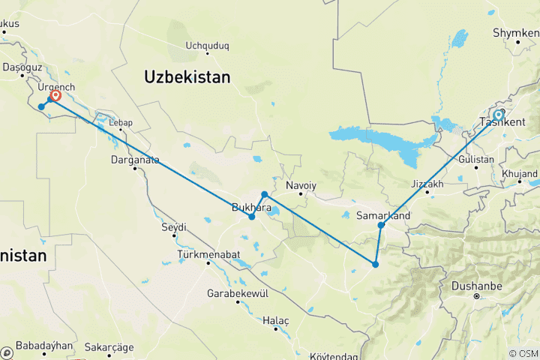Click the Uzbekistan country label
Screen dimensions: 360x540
tap(187, 76)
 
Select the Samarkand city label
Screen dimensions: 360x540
tap(382, 216)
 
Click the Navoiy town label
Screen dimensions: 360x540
tap(301, 185)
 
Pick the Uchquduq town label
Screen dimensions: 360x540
tap(207, 46)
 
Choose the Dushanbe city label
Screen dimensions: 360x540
tap(475, 286)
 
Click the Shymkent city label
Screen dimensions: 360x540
tap(516, 34)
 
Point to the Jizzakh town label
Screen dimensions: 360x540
tap(428, 184)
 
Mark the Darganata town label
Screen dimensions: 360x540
tap(135, 159)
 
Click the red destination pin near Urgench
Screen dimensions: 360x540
tap(55, 96)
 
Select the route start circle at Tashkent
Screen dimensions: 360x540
tap(498, 115)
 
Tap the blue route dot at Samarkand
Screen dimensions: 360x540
tap(381, 225)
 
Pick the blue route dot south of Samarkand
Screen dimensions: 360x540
tap(375, 264)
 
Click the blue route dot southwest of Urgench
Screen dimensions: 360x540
tap(41, 106)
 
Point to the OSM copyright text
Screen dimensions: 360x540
tap(523, 353)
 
